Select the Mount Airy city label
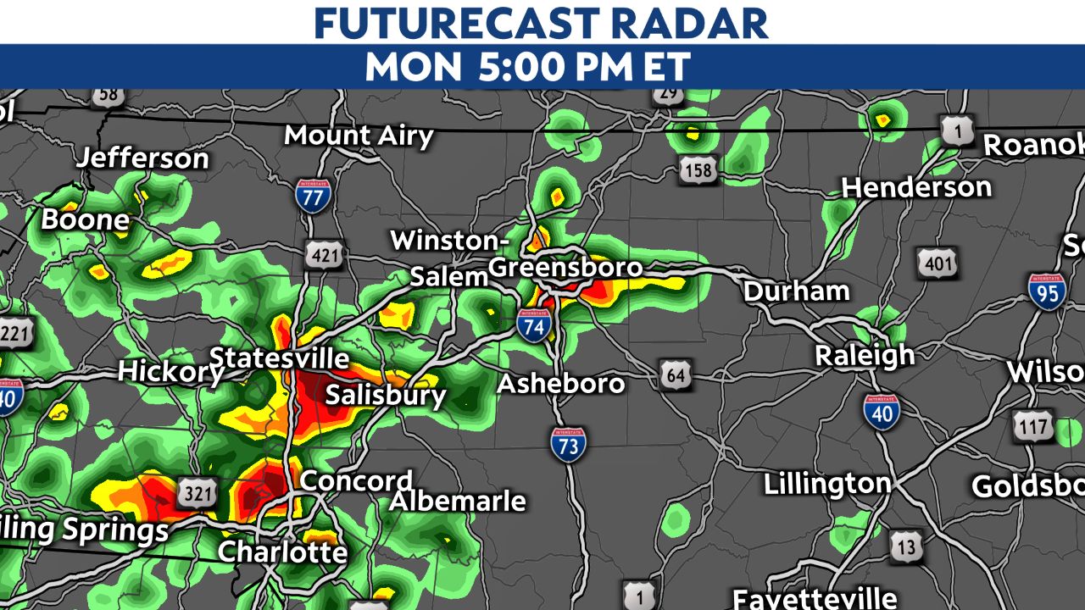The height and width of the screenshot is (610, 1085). click(x=359, y=136)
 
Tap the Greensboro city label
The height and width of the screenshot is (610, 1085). click(x=565, y=268)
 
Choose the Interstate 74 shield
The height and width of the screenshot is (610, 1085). click(x=534, y=324)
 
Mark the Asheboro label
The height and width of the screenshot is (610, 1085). click(x=560, y=383)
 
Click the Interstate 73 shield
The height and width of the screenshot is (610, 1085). click(x=567, y=443)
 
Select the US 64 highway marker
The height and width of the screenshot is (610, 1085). click(x=675, y=374)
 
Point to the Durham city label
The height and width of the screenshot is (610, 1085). click(x=796, y=291)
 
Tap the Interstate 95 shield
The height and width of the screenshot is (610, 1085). click(x=1048, y=291)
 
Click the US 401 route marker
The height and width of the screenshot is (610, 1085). click(x=938, y=263)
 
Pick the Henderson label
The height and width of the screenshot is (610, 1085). click(x=916, y=187)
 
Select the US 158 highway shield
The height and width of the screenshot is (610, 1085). click(x=698, y=171)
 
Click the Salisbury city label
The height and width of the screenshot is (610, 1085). click(x=386, y=395)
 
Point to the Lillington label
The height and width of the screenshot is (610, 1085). click(x=827, y=485)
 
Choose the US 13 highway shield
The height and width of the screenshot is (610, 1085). click(x=906, y=547)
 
